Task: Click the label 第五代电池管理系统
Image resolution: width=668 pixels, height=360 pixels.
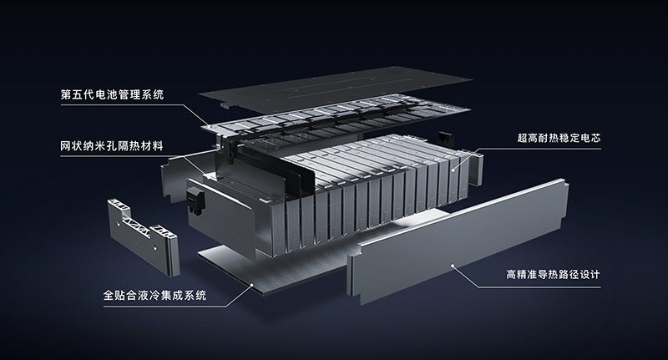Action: click(113, 93)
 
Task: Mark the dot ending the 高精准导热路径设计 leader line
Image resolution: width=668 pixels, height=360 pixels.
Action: click(453, 265)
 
